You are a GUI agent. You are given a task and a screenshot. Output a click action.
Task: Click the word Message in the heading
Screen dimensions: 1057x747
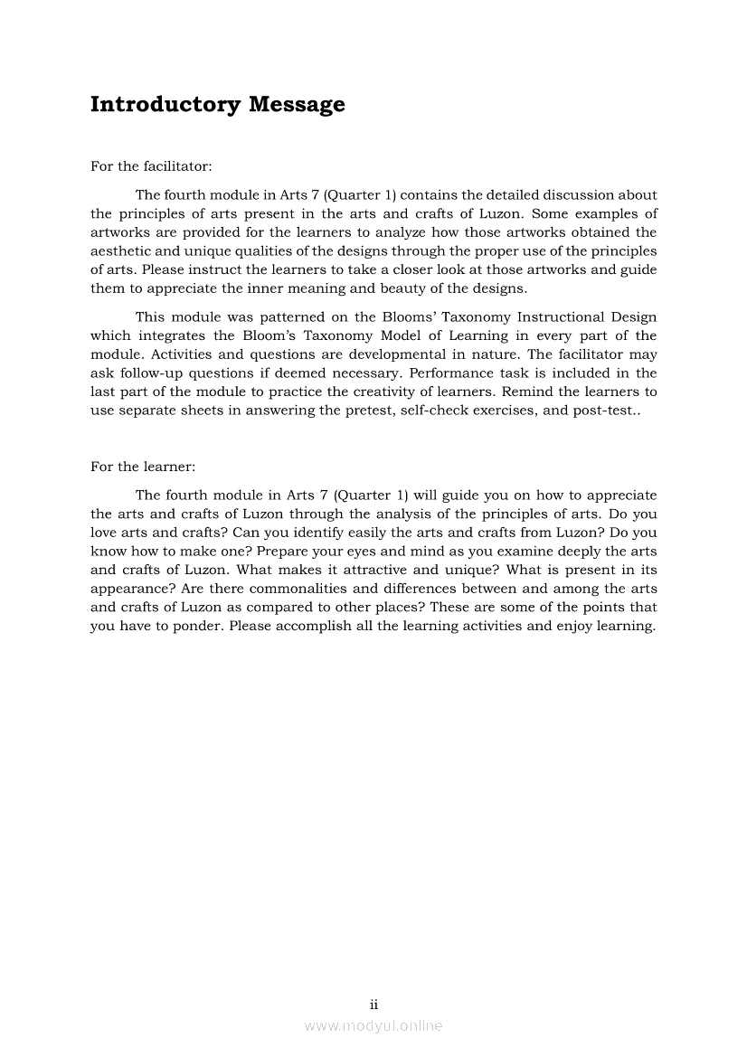297,105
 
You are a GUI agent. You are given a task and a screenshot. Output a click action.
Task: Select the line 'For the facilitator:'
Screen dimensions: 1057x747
151,166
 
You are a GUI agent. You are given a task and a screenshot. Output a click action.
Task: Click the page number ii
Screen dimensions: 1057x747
373,1004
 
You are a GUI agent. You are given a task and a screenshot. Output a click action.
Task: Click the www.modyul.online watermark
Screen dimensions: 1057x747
373,1025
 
